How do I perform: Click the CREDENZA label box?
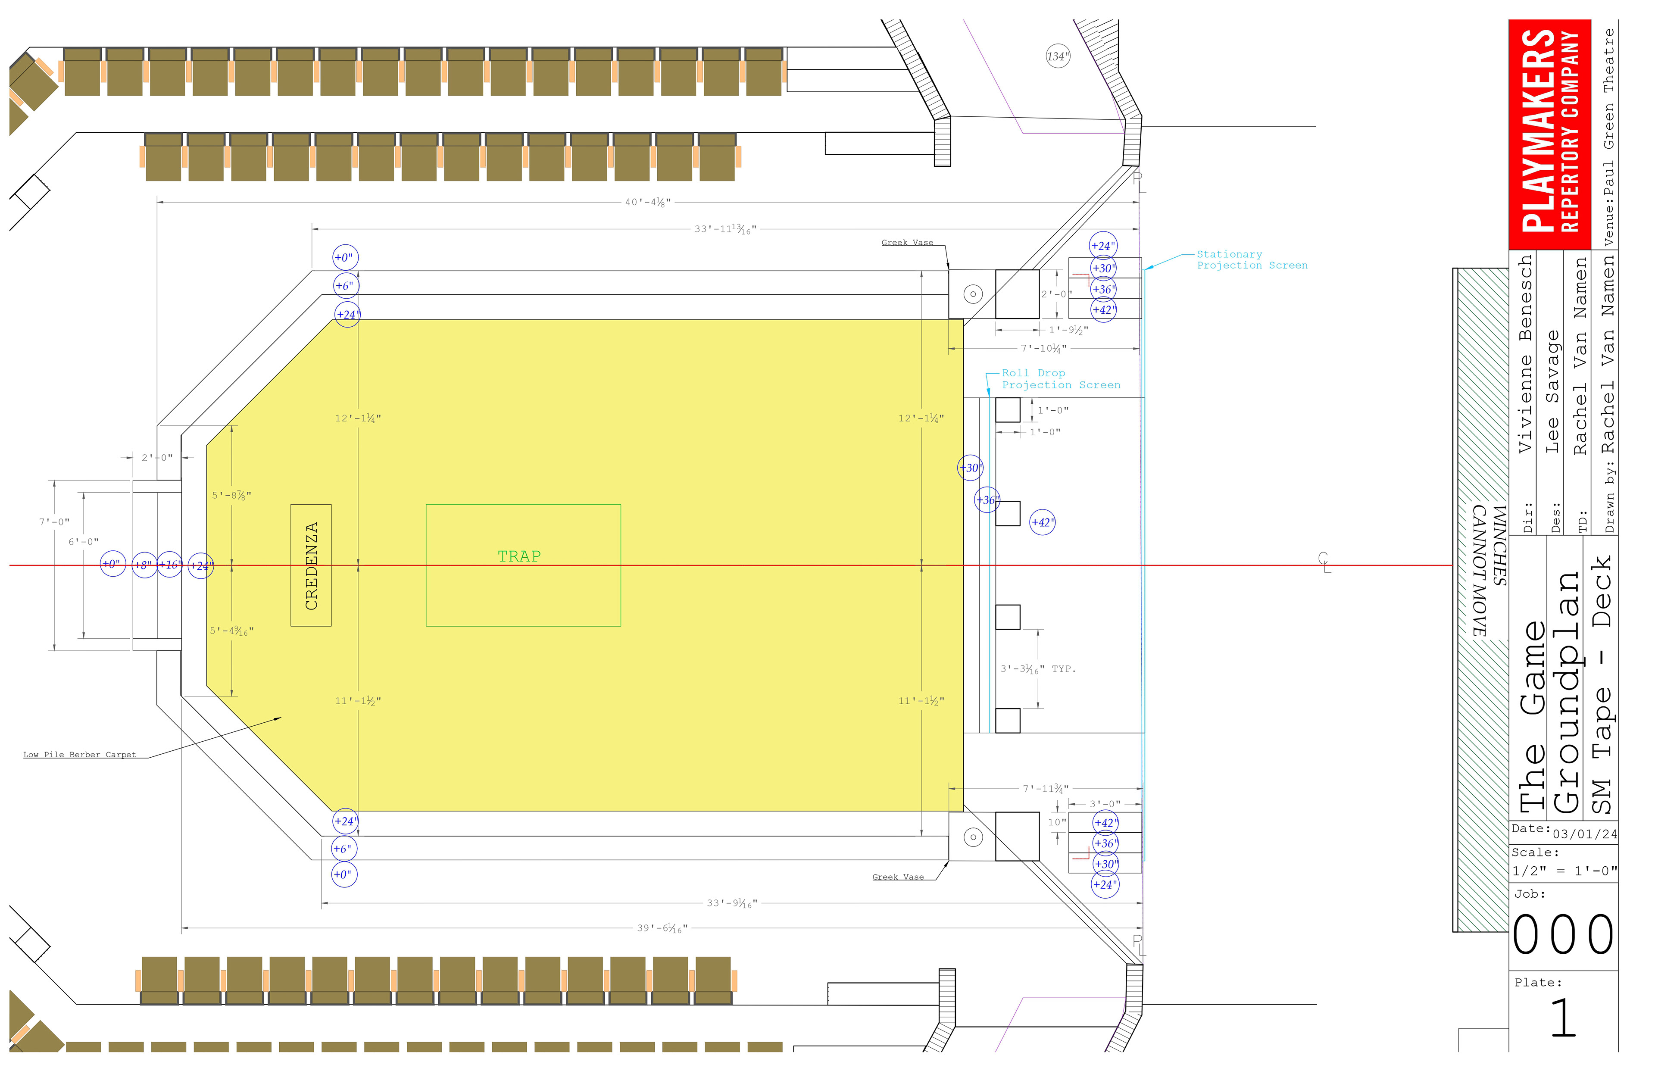point(311,565)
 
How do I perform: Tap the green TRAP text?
point(519,556)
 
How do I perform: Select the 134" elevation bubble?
point(1058,56)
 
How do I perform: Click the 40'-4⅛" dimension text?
point(647,203)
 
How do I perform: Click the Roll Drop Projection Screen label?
point(1061,379)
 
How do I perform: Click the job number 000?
point(1563,935)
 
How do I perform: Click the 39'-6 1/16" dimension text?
point(662,928)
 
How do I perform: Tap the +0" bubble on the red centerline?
point(112,564)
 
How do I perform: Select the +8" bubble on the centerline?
point(144,565)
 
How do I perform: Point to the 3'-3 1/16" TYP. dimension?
point(1037,669)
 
